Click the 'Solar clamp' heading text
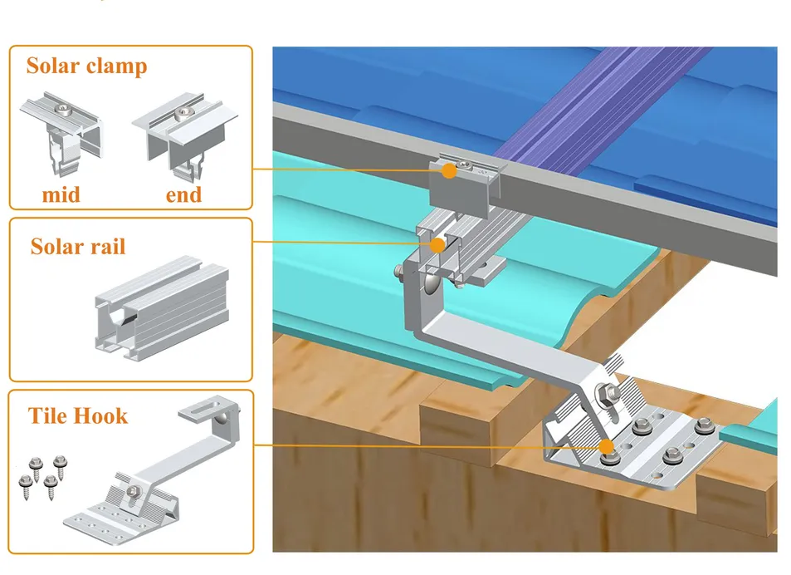click(86, 66)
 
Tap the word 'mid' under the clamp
click(62, 195)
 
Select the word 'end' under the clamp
click(183, 195)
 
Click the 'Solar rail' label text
click(78, 247)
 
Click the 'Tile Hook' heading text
click(78, 415)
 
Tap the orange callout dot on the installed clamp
click(449, 171)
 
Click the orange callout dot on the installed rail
click(437, 245)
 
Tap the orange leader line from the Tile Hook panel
click(415, 446)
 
